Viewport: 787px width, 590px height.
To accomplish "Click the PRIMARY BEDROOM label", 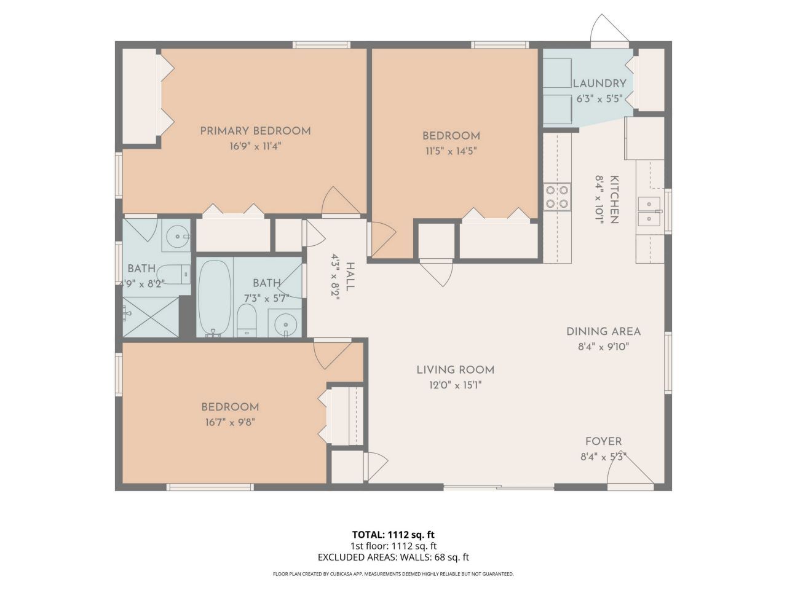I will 255,131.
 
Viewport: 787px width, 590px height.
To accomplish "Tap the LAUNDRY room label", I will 599,84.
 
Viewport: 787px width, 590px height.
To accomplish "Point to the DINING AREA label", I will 603,332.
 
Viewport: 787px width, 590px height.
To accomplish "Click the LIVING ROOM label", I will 455,370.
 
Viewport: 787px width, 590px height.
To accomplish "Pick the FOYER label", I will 603,441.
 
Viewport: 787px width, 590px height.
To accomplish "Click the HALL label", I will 350,276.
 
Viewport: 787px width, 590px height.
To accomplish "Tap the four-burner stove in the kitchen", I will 556,197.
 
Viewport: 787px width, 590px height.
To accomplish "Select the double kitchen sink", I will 649,211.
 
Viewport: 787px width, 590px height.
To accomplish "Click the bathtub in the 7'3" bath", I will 214,297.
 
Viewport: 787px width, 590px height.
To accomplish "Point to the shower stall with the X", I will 151,317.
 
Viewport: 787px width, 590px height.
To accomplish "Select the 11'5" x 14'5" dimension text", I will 450,151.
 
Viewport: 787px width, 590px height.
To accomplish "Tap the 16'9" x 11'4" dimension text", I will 255,146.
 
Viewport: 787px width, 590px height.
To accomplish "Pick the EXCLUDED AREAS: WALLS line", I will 393,557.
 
